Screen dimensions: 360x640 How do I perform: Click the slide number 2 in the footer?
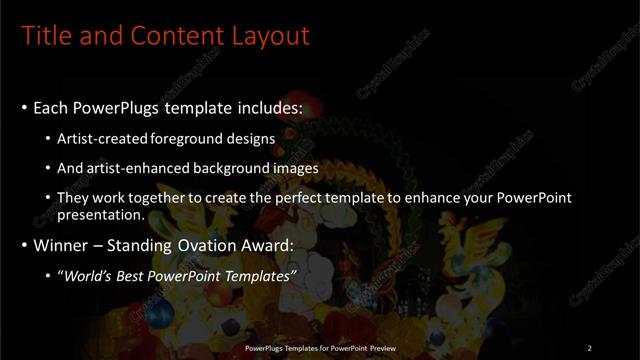[589, 347]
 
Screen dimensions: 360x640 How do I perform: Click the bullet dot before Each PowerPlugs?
[23, 108]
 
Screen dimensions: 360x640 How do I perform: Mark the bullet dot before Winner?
[23, 245]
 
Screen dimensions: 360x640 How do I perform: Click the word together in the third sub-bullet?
[175, 198]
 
